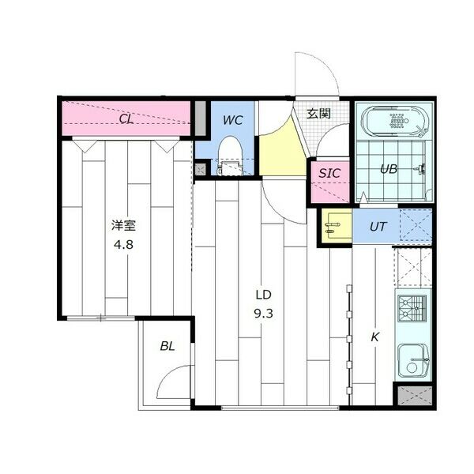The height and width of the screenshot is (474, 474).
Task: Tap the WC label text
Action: click(231, 120)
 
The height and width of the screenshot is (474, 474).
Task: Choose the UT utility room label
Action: click(378, 227)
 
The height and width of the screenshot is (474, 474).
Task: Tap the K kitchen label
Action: click(375, 337)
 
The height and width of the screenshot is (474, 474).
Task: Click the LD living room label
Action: click(263, 295)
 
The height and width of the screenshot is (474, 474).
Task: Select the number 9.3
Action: click(263, 312)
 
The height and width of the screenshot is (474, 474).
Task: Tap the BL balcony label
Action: click(167, 346)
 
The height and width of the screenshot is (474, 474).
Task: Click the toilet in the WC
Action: click(229, 152)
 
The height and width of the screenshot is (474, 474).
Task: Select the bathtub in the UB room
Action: click(395, 122)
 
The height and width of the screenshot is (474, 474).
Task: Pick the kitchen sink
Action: click(413, 363)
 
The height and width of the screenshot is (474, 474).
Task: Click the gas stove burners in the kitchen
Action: click(412, 310)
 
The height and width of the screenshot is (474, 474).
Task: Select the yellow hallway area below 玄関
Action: click(282, 152)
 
